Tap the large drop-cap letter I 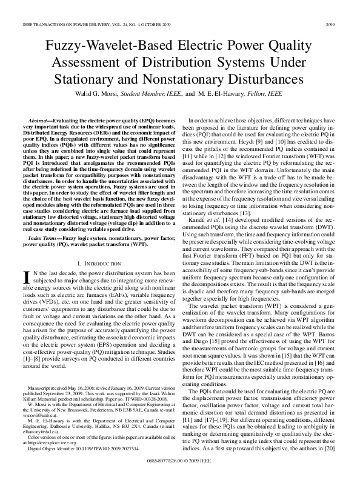coord(26,277)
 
